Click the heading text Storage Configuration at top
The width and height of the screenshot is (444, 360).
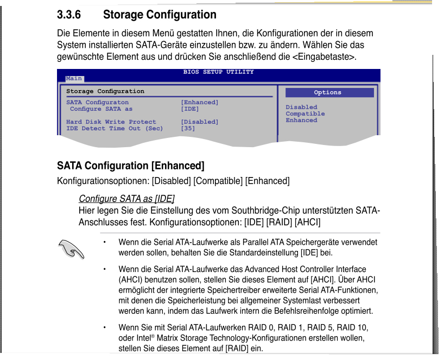(x=160, y=15)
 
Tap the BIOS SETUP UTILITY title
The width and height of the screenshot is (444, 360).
(x=218, y=72)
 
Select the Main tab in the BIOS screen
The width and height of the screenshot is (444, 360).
(x=74, y=79)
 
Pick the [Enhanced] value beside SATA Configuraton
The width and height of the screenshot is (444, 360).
(x=199, y=103)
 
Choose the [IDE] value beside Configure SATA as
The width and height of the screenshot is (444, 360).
(x=189, y=109)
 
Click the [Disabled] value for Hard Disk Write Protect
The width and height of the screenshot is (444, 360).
(x=199, y=122)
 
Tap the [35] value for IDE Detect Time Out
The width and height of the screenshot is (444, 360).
(x=188, y=129)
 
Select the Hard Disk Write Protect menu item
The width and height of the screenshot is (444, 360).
(x=111, y=122)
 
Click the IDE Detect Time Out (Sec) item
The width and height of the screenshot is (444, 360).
(x=114, y=129)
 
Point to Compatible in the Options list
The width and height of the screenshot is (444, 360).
(x=305, y=114)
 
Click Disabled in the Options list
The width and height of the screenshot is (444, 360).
(x=301, y=108)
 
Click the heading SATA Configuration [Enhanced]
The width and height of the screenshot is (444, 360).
(x=130, y=166)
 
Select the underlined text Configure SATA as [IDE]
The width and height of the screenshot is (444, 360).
(x=126, y=199)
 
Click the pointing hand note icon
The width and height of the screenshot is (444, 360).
(x=71, y=249)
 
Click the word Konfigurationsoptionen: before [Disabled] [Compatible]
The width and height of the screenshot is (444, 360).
(x=103, y=181)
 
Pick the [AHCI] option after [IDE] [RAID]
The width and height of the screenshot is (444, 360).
(x=308, y=223)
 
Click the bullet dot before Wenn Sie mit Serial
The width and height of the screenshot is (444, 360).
(x=104, y=327)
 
